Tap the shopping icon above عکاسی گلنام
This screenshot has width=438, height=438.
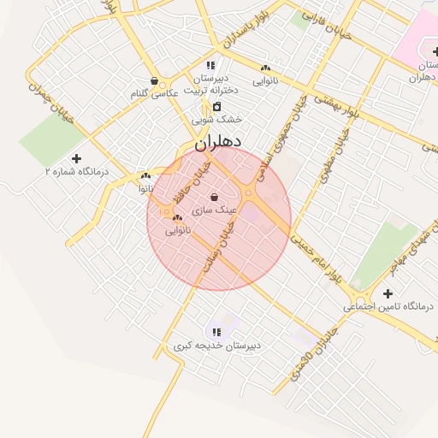pyautogui.click(x=154, y=82)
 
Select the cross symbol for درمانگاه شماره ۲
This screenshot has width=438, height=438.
pyautogui.click(x=77, y=158)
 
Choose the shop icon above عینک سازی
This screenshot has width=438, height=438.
pyautogui.click(x=213, y=198)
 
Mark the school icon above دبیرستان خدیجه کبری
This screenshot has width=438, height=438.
pyautogui.click(x=216, y=332)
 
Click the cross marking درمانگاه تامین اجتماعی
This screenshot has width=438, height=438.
pyautogui.click(x=388, y=293)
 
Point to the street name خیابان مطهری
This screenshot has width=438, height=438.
pyautogui.click(x=334, y=155)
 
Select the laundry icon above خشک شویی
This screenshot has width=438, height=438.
pyautogui.click(x=216, y=107)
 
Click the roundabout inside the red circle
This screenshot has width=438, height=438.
pyautogui.click(x=248, y=194)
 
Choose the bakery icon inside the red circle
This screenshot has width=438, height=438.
pyautogui.click(x=177, y=218)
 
